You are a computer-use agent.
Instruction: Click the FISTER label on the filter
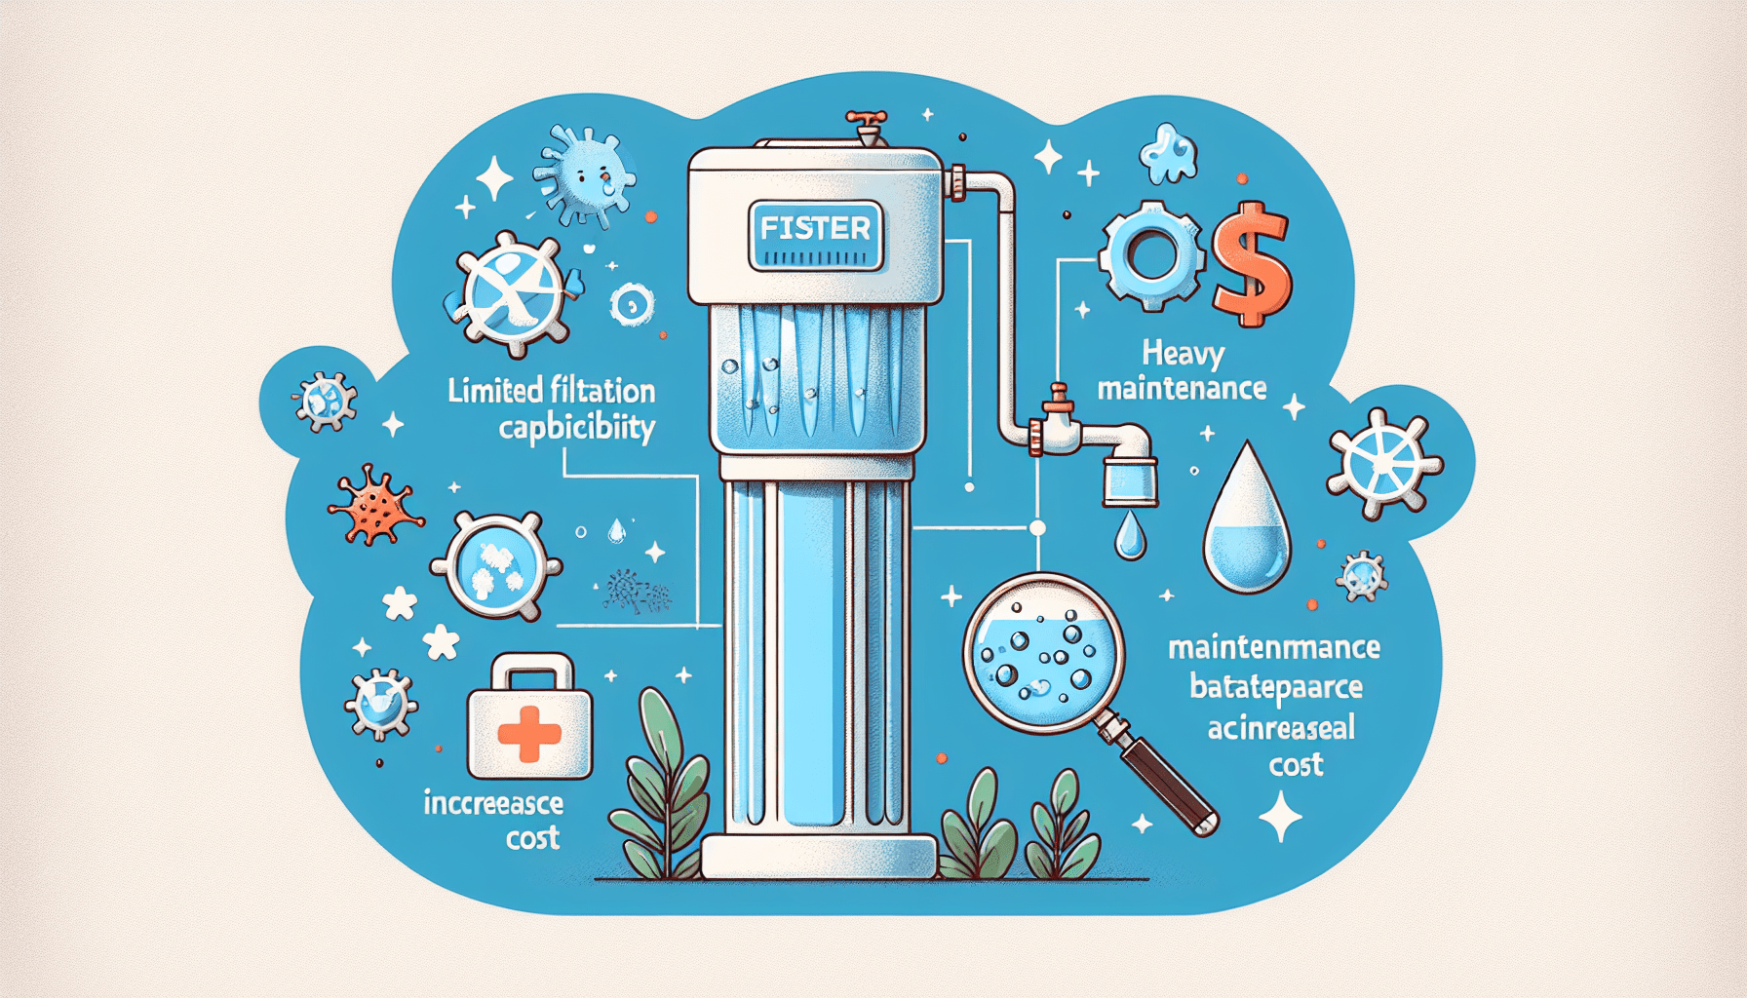click(815, 229)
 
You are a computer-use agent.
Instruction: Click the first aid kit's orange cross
click(528, 734)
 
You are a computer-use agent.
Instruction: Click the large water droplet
click(1247, 526)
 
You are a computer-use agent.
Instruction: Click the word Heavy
click(1183, 352)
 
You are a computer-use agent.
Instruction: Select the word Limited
click(495, 391)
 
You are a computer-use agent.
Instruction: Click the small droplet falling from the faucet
click(1130, 537)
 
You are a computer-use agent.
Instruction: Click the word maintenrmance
click(1273, 647)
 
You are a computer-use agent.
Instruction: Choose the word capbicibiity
click(576, 429)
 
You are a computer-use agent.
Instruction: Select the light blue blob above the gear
click(1169, 154)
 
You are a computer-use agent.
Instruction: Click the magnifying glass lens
click(1042, 652)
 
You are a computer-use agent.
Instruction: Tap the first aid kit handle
click(530, 670)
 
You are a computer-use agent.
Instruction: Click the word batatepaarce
click(1275, 688)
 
